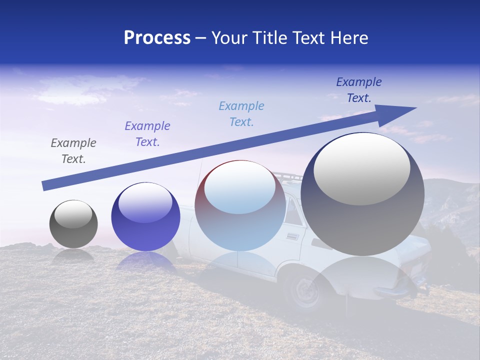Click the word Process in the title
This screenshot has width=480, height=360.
pyautogui.click(x=157, y=38)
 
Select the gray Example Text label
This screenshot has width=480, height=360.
pyautogui.click(x=73, y=151)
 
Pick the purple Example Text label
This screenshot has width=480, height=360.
pyautogui.click(x=147, y=134)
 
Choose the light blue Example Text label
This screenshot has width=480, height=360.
pyautogui.click(x=241, y=114)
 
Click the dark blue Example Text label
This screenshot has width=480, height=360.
pyautogui.click(x=359, y=90)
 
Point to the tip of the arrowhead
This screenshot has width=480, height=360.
pyautogui.click(x=416, y=107)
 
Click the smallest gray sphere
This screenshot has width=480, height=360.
pyautogui.click(x=73, y=224)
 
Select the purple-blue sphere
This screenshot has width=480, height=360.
pyautogui.click(x=145, y=217)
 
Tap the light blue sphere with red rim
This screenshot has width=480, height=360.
pyautogui.click(x=240, y=206)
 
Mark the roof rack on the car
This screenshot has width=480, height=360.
pyautogui.click(x=287, y=176)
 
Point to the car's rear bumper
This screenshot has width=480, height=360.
pyautogui.click(x=395, y=290)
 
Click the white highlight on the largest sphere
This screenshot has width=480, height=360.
pyautogui.click(x=361, y=168)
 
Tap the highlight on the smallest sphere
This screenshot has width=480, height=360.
pyautogui.click(x=73, y=214)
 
